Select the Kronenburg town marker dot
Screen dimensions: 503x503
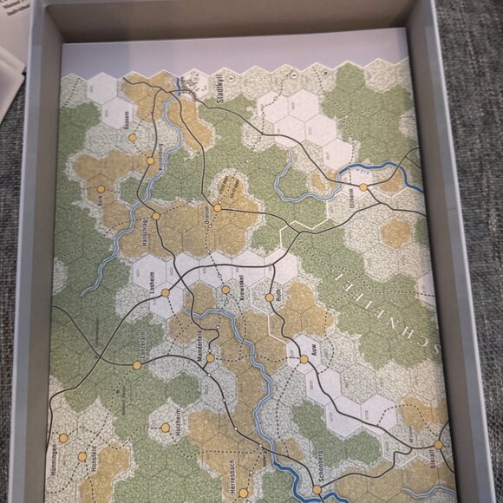pos(149,161)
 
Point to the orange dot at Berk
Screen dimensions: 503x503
pos(101,188)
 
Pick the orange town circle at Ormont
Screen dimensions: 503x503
pos(217,208)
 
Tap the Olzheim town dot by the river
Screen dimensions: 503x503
pos(363,186)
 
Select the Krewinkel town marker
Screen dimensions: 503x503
pos(225,290)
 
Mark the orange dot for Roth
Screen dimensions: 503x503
pos(270,297)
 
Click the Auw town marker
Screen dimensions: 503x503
pos(304,359)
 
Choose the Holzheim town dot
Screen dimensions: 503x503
pos(165,428)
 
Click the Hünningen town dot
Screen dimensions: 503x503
pos(62,438)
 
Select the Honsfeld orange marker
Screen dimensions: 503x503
pos(82,456)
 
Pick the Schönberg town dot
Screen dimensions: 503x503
pos(317,489)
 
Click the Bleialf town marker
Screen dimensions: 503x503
pos(439,445)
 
